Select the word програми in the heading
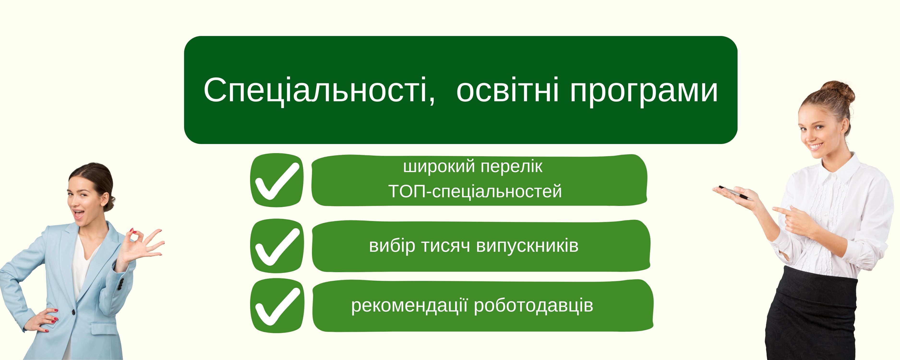click(644, 92)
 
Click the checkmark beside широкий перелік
click(277, 180)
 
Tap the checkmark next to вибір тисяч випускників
click(277, 246)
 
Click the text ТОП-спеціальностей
click(475, 192)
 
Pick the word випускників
click(528, 246)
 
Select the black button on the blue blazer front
click(74, 312)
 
